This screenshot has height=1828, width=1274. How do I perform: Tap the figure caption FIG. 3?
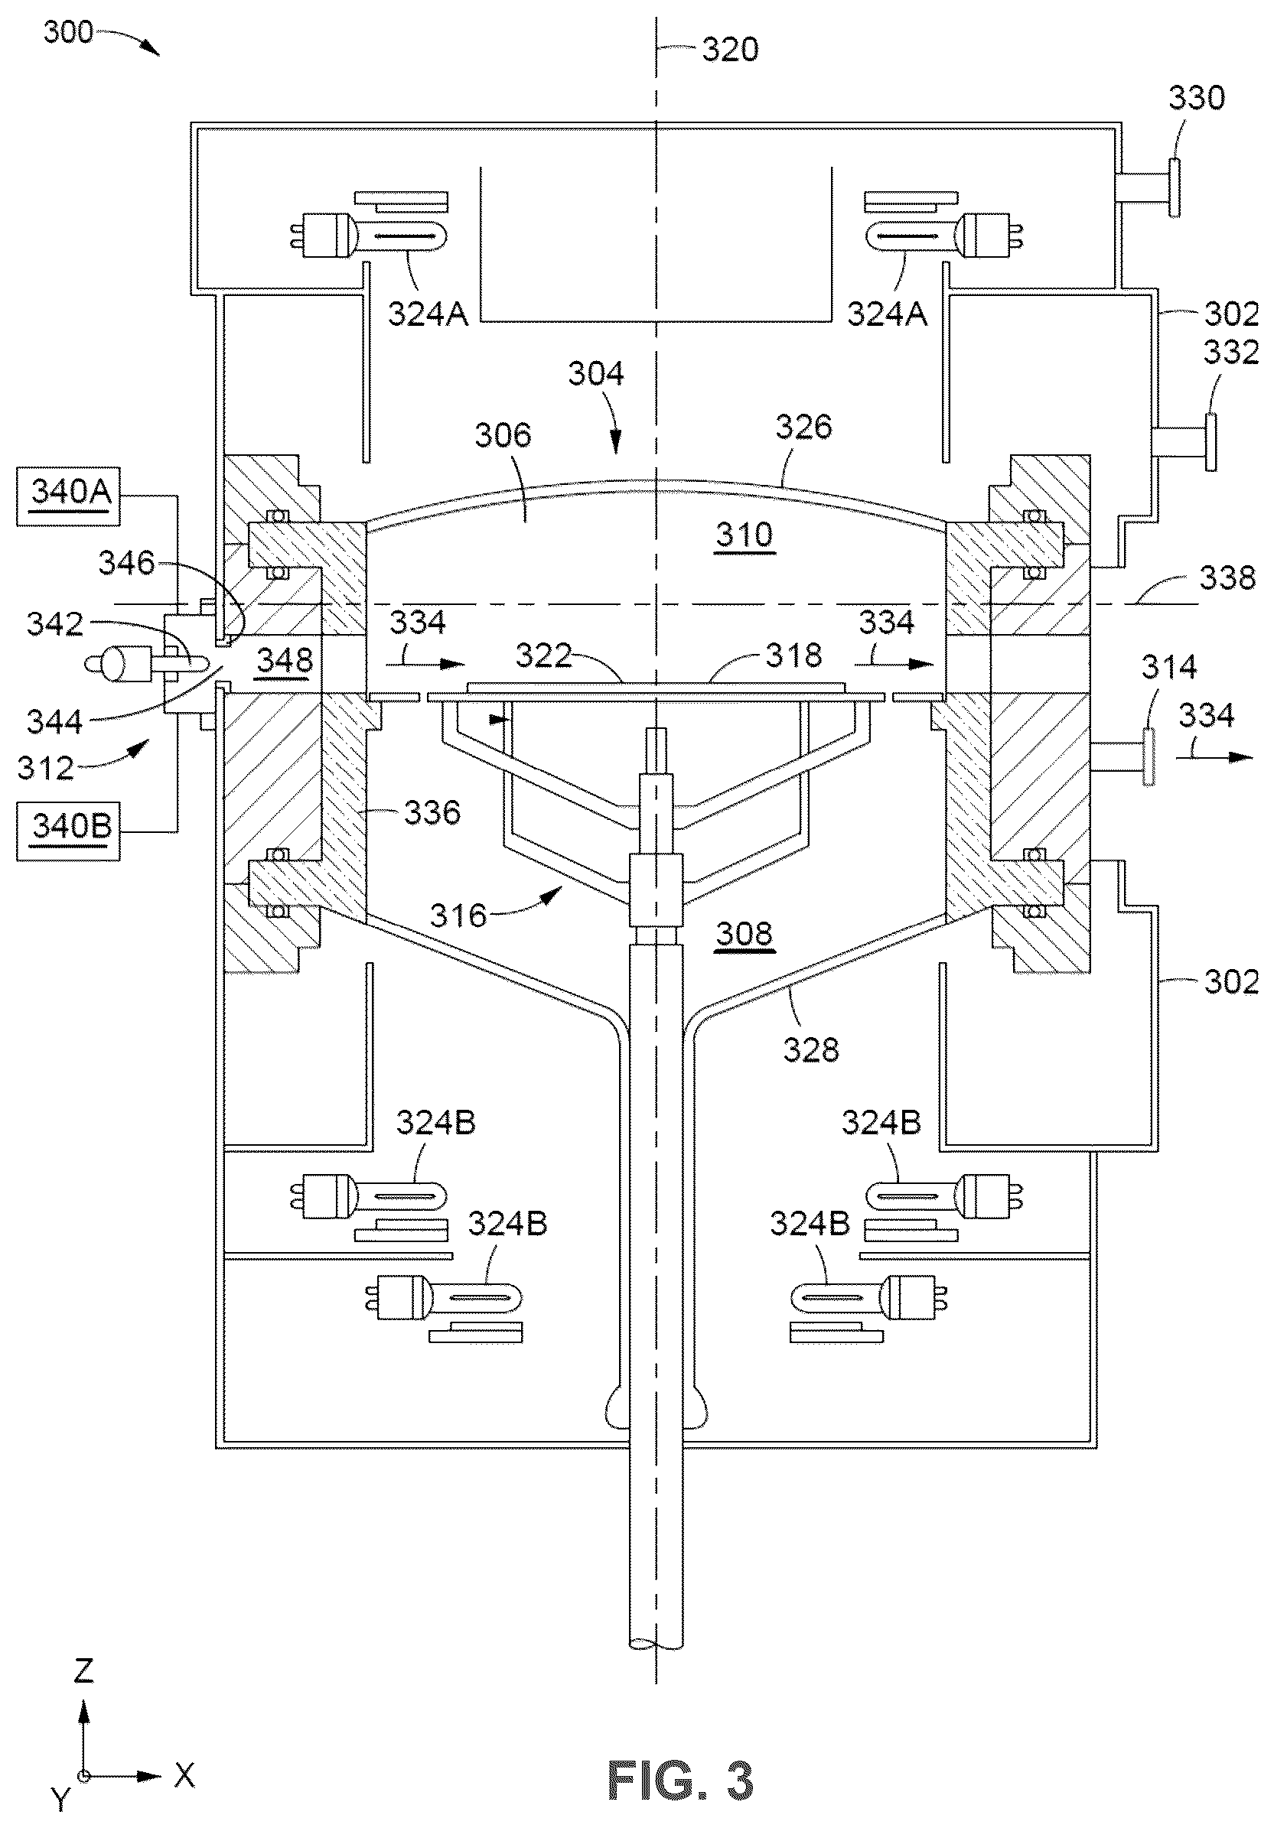tap(680, 1781)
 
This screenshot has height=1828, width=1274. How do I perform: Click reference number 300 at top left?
tap(68, 33)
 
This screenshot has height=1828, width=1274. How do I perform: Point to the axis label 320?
tap(730, 50)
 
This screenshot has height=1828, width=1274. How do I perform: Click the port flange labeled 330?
tap(1175, 187)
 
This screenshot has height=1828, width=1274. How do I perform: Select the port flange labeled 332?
tap(1210, 442)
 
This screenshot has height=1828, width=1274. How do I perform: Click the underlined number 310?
tap(744, 534)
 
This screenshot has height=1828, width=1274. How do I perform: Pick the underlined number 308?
tap(744, 933)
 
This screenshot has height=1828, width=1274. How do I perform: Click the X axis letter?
tap(184, 1774)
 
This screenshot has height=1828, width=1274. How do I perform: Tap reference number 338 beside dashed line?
tap(1228, 578)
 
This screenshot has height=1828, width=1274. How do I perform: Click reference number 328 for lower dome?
tap(810, 1050)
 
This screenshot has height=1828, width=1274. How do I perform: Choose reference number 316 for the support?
tap(458, 916)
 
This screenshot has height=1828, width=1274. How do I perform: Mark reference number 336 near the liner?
tap(432, 813)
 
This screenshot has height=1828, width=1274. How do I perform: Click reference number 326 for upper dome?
tap(804, 428)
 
